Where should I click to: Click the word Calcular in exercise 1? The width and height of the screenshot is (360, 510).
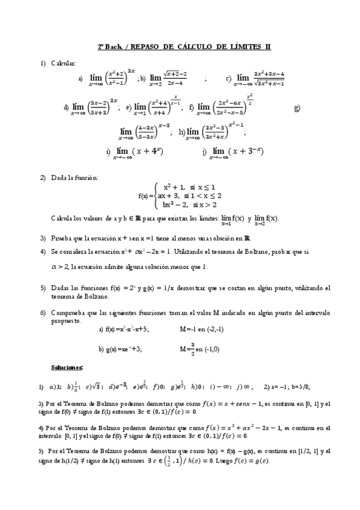tap(63, 63)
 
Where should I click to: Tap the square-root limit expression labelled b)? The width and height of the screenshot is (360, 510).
tap(168, 78)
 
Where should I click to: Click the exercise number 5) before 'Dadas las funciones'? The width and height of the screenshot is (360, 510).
tap(43, 288)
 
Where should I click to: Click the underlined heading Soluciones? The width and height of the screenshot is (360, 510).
tap(67, 367)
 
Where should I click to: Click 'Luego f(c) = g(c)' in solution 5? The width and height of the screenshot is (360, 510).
tap(249, 461)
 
